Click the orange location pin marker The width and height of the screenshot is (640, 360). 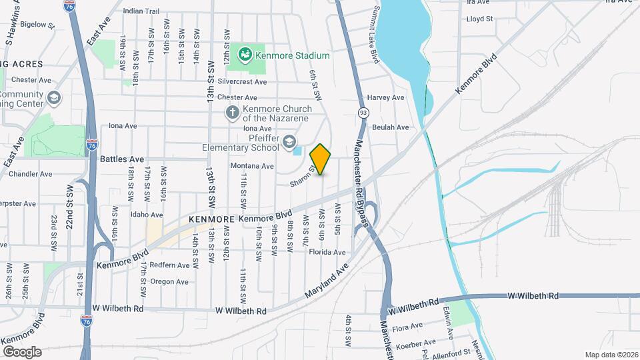(321, 159)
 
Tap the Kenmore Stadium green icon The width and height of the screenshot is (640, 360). (245, 53)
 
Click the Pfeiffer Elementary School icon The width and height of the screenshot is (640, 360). (289, 141)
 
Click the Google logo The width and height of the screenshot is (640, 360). (22, 351)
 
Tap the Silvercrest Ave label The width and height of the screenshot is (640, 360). (247, 82)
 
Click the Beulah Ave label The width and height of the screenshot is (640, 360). (390, 127)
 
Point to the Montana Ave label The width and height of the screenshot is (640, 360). (252, 166)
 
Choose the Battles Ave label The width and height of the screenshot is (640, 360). (122, 159)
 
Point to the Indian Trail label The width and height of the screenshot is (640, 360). (141, 11)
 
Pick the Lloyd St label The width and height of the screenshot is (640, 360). (479, 19)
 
